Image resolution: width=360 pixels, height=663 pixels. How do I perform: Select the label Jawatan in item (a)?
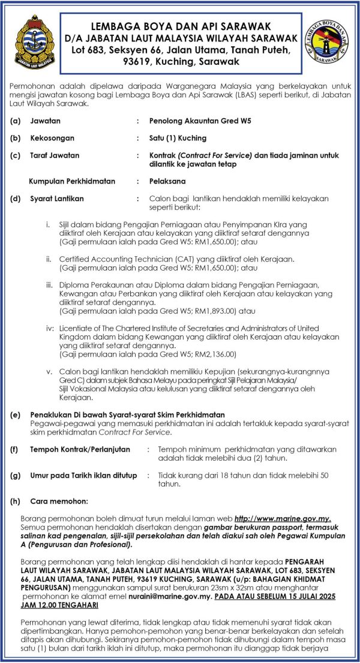[x=45, y=121]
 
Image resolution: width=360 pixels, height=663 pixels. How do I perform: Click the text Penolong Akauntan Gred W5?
[x=200, y=121]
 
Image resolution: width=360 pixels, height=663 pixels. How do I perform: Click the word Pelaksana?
[x=167, y=181]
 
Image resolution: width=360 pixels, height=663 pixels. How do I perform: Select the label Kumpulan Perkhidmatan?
[x=72, y=181]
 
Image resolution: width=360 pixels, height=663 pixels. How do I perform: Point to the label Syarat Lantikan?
[x=57, y=198]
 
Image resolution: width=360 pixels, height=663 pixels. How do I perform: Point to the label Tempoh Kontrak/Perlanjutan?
[x=79, y=449]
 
